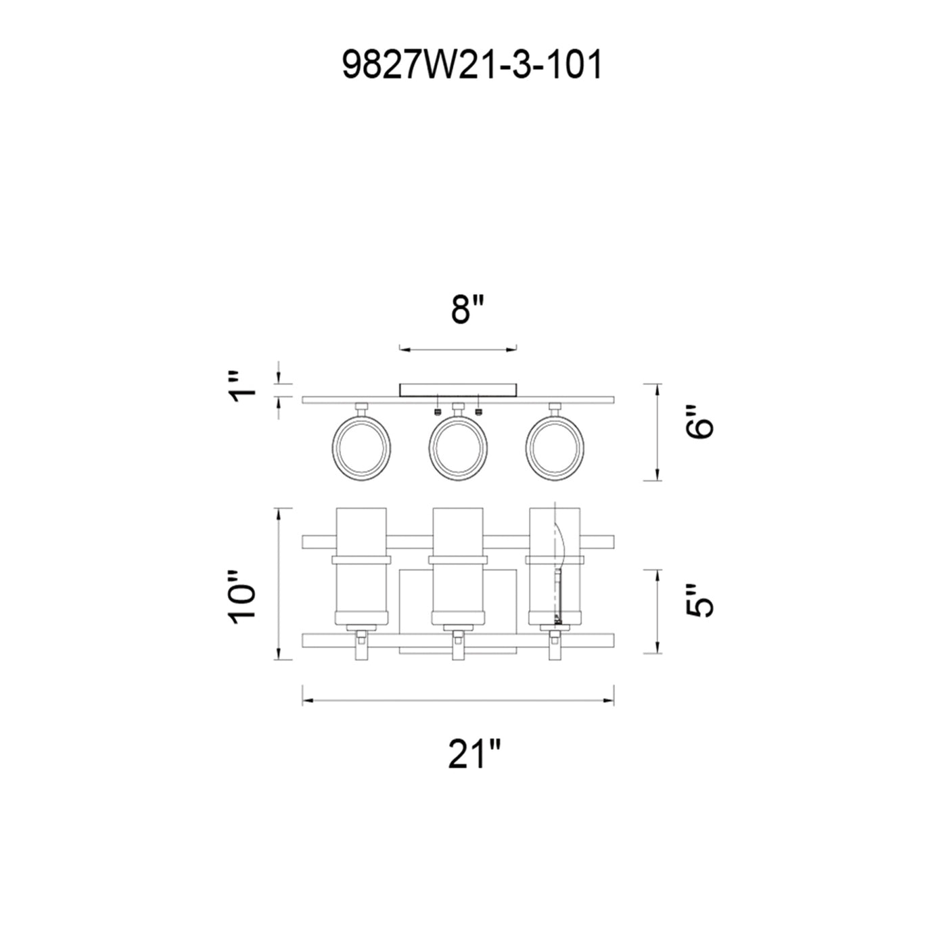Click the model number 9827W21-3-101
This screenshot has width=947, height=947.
471,66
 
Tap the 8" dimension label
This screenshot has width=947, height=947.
467,310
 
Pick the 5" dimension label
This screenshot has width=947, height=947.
698,601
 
